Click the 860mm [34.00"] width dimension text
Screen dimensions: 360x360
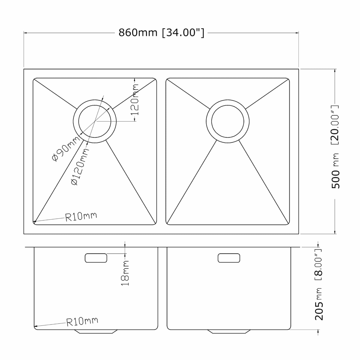161,32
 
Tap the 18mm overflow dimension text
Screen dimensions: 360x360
125,273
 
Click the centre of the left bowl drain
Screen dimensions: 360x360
94,121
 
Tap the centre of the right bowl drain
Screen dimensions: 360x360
228,121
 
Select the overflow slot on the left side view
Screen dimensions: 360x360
96,258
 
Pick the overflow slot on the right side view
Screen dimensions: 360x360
229,258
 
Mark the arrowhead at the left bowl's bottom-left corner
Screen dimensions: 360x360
35,222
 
